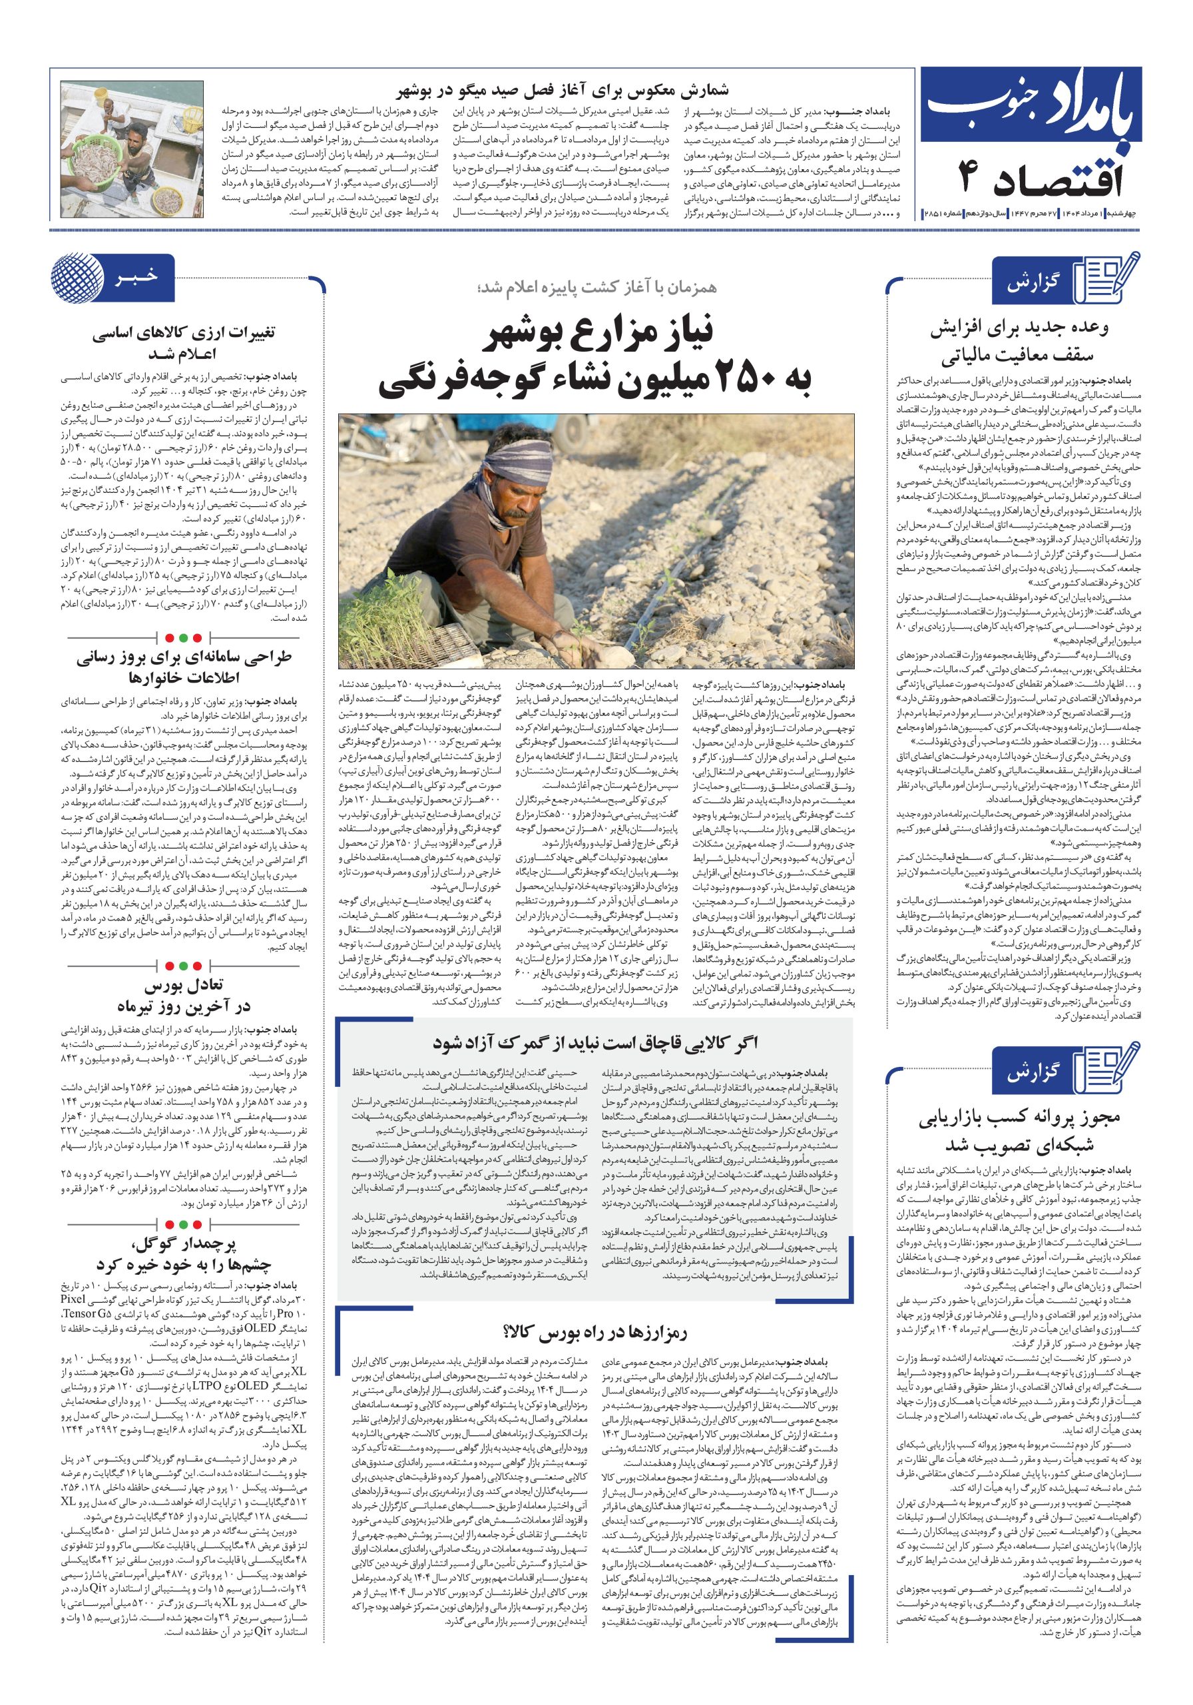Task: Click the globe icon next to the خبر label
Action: (77, 279)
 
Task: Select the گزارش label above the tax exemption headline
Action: (1033, 284)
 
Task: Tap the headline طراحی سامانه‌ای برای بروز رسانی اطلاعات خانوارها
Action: (184, 667)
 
